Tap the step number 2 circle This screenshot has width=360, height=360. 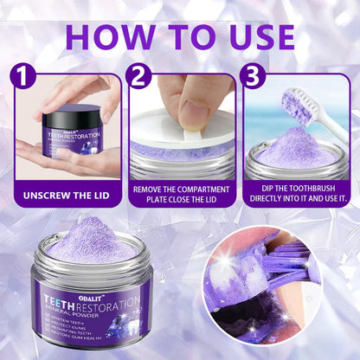click(x=138, y=76)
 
